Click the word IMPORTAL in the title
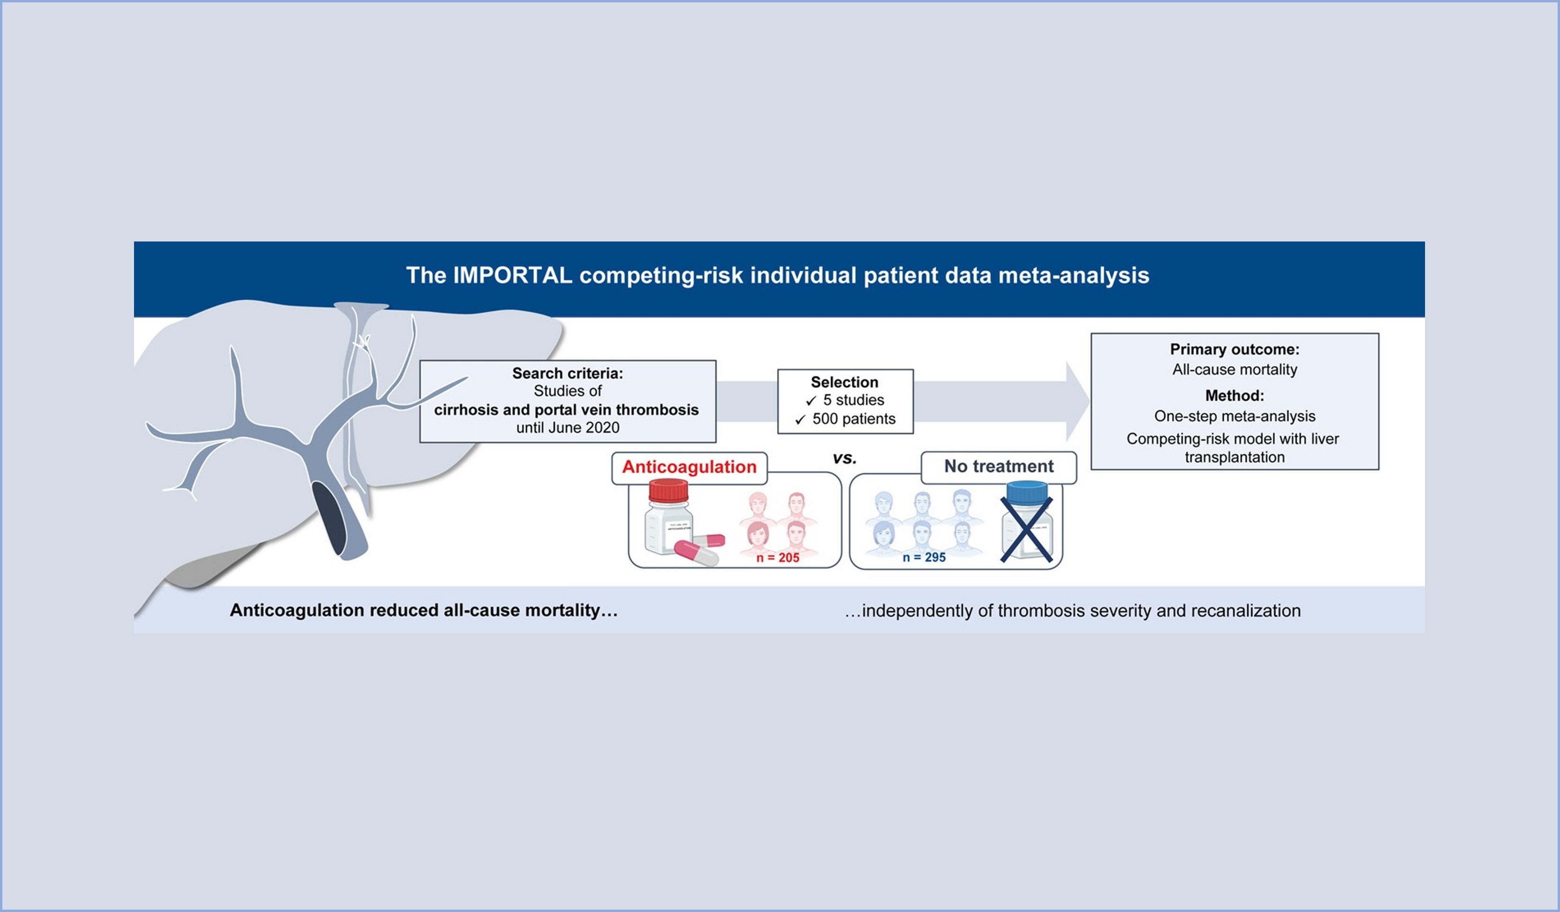click(512, 276)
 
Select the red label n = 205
click(778, 558)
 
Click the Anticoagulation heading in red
click(689, 467)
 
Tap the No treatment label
click(998, 466)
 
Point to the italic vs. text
click(844, 458)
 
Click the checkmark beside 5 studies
click(811, 401)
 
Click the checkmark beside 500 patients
click(800, 420)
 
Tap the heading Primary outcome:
click(1234, 349)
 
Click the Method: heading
click(1234, 396)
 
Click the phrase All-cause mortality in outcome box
click(1234, 370)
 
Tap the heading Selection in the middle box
click(844, 382)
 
